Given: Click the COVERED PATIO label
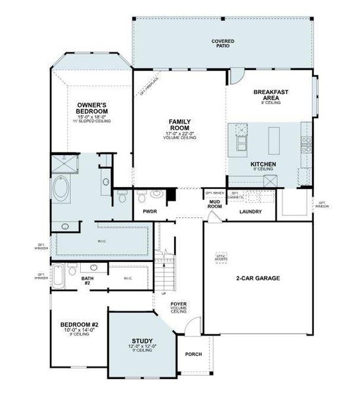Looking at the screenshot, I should point(223,43).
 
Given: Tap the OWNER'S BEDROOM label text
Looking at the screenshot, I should point(92,108).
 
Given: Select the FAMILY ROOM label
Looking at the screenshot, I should point(180,124).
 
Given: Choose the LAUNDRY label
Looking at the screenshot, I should point(250,211).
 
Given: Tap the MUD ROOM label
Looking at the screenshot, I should point(214,204).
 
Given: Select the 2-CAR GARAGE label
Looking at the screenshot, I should point(258,278).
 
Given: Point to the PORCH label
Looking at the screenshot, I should point(193,354).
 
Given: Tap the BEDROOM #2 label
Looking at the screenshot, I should point(79,325).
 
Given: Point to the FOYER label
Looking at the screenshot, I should point(179,303).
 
